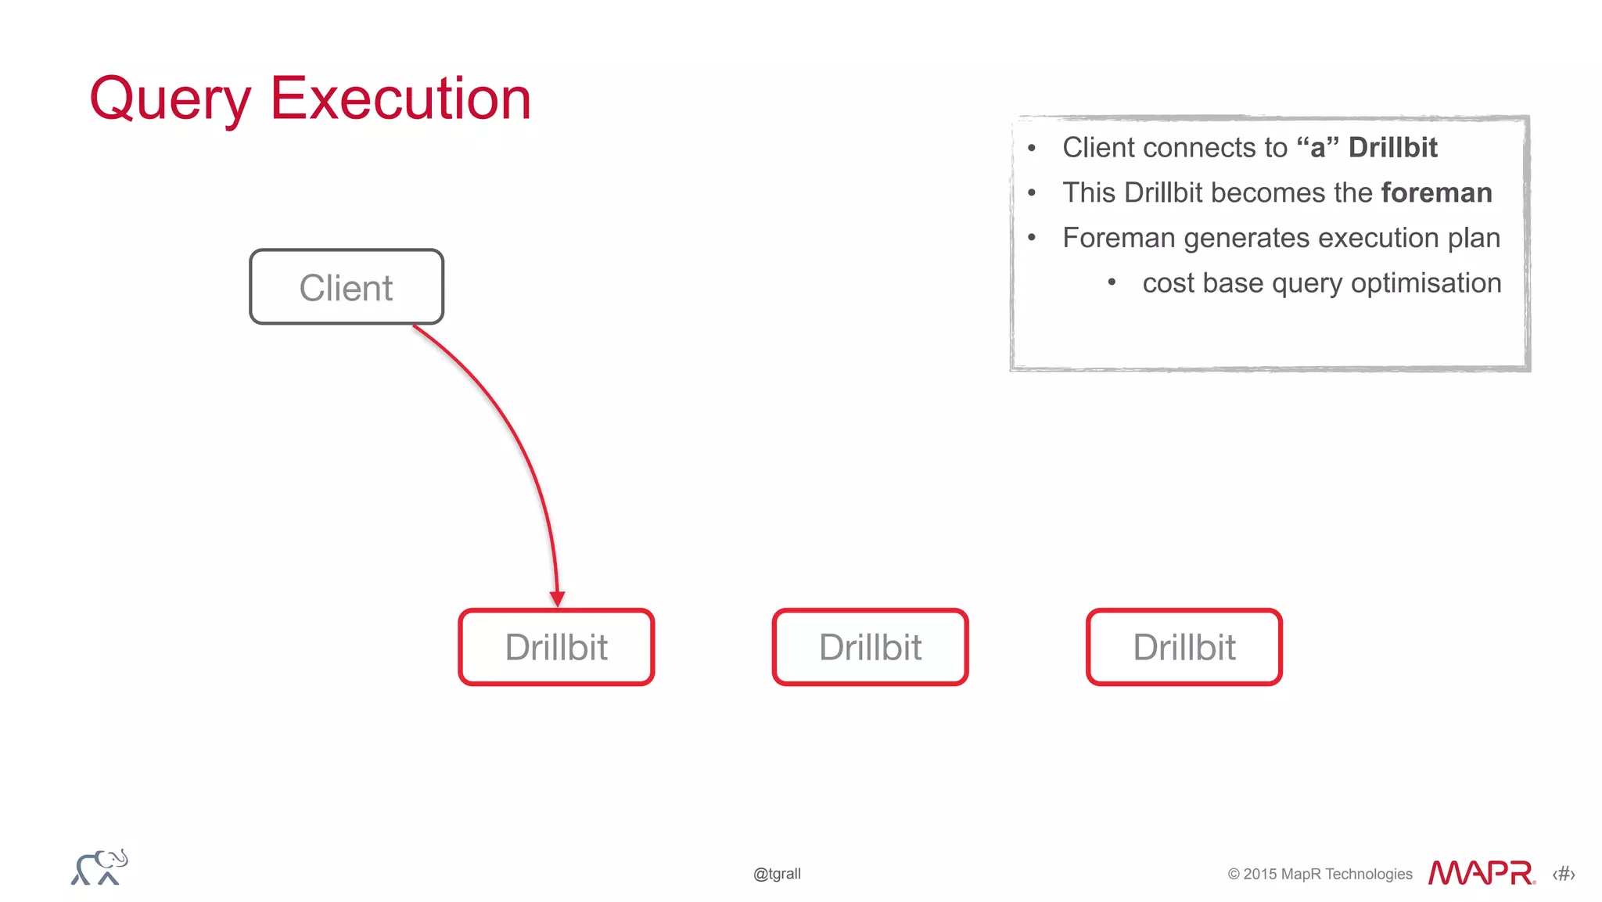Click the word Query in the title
[170, 99]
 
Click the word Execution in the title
[400, 99]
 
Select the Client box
[347, 287]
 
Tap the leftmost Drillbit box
[556, 647]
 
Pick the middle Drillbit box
[870, 647]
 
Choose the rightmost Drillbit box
[1184, 647]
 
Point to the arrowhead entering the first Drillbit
[558, 599]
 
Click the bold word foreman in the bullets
[1436, 192]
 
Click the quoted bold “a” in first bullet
[1317, 147]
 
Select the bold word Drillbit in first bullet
[1392, 147]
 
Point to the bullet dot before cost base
[1112, 282]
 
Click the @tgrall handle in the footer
[777, 874]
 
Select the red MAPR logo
[1481, 873]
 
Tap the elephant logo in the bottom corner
[99, 868]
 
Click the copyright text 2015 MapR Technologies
[1320, 874]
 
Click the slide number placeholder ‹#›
[1564, 874]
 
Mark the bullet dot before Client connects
[1032, 148]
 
